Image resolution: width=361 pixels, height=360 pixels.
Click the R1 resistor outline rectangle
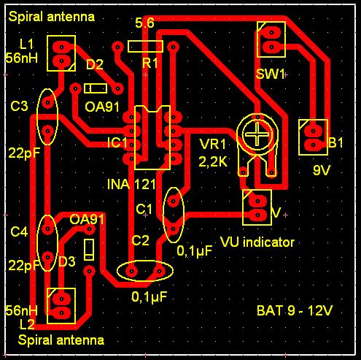click(x=145, y=41)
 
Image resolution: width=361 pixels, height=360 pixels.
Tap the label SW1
click(x=270, y=74)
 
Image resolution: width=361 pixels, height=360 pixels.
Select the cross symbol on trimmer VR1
click(x=257, y=134)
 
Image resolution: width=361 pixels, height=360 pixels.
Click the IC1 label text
click(x=117, y=142)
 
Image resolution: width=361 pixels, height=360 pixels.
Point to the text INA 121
click(x=131, y=184)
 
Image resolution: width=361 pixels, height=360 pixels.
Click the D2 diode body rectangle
click(x=96, y=88)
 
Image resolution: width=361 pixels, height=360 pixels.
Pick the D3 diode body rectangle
click(x=89, y=250)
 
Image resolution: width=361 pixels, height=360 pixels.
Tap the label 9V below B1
click(x=321, y=170)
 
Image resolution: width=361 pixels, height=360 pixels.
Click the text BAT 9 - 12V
click(x=295, y=310)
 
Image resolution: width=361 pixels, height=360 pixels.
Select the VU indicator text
click(x=257, y=242)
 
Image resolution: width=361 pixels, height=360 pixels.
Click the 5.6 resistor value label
click(x=144, y=23)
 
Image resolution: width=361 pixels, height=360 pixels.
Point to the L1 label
click(x=26, y=45)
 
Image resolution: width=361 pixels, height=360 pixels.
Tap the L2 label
click(x=27, y=324)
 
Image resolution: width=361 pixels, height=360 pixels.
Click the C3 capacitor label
click(x=19, y=106)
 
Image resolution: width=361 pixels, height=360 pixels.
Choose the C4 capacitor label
click(x=19, y=231)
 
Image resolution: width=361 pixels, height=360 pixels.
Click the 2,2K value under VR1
click(x=213, y=161)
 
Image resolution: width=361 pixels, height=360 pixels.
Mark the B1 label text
click(x=335, y=142)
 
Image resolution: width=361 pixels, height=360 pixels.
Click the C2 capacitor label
click(x=140, y=240)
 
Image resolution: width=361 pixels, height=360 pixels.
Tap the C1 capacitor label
click(x=144, y=209)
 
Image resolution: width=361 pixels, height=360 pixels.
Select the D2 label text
click(x=95, y=64)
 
